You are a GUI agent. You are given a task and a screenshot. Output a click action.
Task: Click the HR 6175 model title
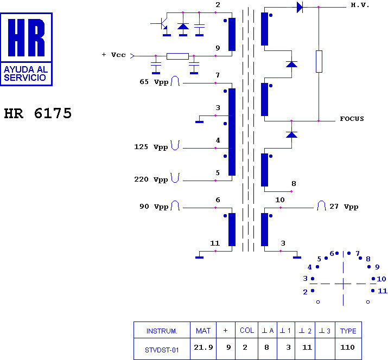[38, 113]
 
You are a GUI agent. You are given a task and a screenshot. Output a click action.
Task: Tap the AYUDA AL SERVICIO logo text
[26, 74]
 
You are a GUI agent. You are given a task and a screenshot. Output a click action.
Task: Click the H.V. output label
[360, 5]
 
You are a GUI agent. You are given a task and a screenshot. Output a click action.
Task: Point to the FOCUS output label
[352, 119]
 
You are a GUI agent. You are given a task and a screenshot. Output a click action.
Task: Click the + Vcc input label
[114, 55]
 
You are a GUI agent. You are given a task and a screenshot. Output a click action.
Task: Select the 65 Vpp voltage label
[154, 82]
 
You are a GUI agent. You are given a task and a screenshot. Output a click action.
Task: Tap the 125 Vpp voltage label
[151, 147]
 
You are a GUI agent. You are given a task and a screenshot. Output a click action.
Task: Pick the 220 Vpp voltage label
[151, 179]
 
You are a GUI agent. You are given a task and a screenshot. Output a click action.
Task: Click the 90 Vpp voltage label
[154, 207]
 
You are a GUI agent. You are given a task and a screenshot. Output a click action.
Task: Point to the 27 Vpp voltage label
[344, 207]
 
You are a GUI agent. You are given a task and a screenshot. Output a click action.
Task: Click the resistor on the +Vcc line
[177, 56]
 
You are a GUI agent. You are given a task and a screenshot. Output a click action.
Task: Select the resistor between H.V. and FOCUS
[319, 62]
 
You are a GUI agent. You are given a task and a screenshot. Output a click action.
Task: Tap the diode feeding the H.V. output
[300, 7]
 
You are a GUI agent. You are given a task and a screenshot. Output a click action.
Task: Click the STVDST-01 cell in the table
[162, 350]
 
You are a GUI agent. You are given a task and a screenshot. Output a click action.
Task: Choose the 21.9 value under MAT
[203, 348]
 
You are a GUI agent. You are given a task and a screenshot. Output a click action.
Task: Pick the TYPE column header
[348, 331]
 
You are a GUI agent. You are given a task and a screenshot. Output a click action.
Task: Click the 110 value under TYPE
[347, 348]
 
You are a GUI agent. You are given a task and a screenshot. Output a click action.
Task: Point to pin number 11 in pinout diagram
[383, 291]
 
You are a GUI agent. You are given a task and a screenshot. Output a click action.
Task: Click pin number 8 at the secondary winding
[294, 184]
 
